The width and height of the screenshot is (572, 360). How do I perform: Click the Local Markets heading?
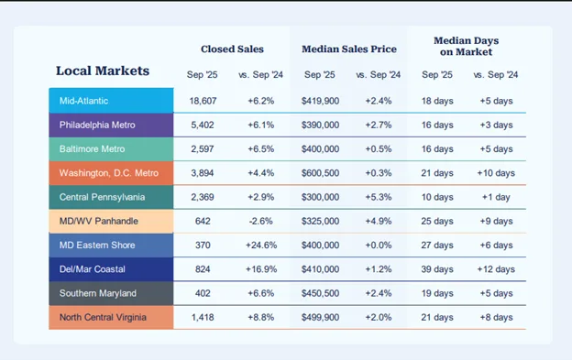(102, 71)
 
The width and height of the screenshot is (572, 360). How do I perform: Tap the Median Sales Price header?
(349, 49)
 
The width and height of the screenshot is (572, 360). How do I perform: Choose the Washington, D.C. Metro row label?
(108, 172)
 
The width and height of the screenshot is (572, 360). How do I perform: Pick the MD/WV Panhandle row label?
(98, 221)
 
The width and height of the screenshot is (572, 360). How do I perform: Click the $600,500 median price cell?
(321, 172)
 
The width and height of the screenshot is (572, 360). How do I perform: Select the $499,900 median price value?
(321, 318)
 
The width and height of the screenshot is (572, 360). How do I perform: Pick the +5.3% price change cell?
(378, 197)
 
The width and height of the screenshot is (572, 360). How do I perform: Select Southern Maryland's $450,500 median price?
(321, 294)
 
